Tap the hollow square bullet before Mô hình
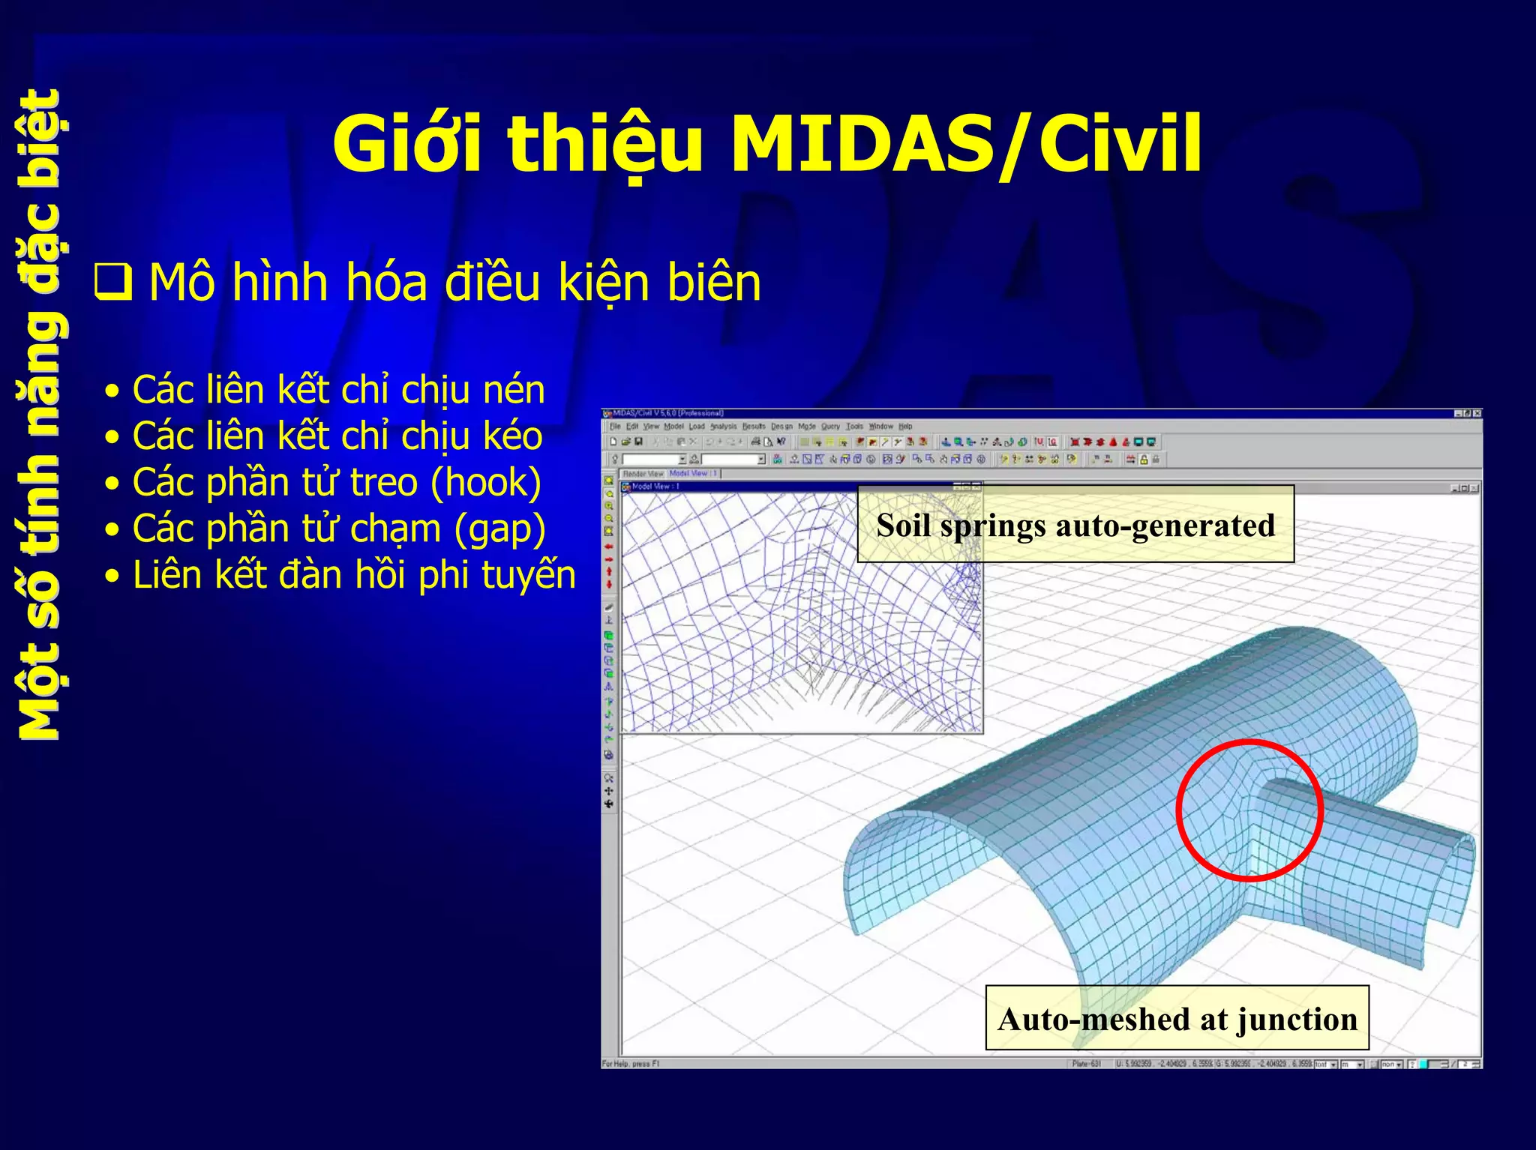tap(113, 283)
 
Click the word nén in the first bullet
tap(514, 391)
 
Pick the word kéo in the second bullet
tap(512, 437)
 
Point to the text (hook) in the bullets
tap(485, 483)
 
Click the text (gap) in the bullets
tap(499, 529)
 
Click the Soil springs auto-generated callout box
tap(1075, 525)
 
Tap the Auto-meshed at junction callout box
tap(1177, 1019)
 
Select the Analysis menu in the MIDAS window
tap(723, 427)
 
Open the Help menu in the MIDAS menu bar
tap(905, 427)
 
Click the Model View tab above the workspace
tap(693, 474)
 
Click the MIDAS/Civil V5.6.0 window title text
tap(667, 413)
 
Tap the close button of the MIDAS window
tap(1477, 413)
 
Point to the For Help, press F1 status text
tap(630, 1064)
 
